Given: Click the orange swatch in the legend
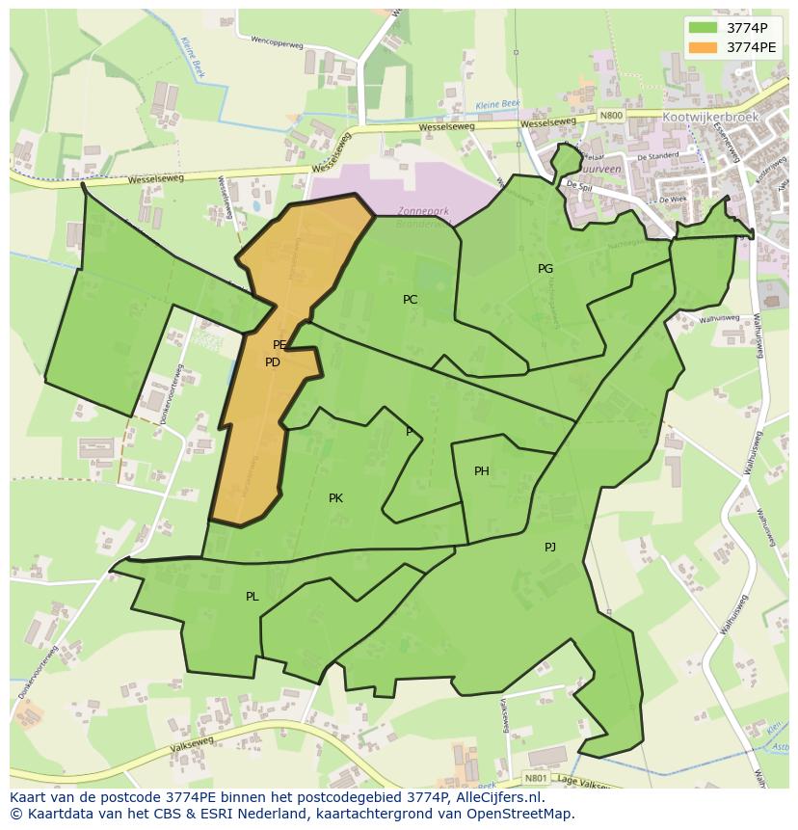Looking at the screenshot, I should (x=703, y=46).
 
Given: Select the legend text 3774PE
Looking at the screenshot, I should (x=751, y=46).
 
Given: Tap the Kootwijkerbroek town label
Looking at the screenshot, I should (x=711, y=117).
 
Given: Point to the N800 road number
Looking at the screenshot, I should (x=611, y=116).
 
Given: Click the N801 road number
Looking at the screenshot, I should (x=536, y=777).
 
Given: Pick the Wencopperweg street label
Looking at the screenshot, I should (x=277, y=42).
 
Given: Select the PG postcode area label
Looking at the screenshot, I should (x=545, y=269).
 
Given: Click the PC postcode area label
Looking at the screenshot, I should (x=410, y=300).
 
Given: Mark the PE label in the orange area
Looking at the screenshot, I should (x=279, y=344).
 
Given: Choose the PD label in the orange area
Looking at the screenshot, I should (x=273, y=362).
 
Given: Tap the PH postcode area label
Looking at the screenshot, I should (x=482, y=471).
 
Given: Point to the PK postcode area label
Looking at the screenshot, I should (x=335, y=498).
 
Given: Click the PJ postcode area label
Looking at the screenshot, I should (x=550, y=547).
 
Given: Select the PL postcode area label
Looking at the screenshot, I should (x=252, y=597).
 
